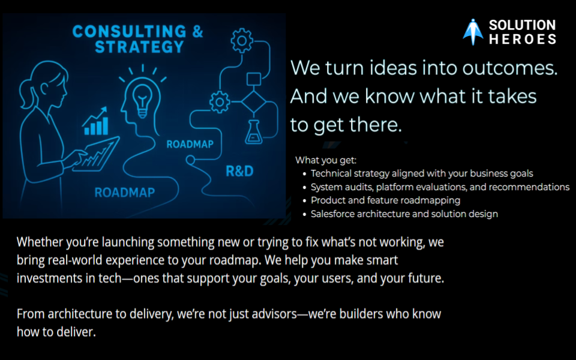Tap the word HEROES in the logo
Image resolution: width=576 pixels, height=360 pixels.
pos(523,40)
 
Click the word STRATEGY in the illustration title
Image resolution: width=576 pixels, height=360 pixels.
pos(139,47)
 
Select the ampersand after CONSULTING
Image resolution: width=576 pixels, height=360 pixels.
pos(197,31)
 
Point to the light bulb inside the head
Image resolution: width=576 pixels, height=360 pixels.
pos(142,100)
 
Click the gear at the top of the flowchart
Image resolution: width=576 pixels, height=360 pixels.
pos(242,41)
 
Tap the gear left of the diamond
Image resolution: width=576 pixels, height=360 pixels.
pos(220,102)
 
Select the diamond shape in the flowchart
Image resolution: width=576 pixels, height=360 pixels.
pos(254,102)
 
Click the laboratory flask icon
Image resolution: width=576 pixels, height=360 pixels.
pos(253,132)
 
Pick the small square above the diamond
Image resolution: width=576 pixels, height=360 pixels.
pos(254,79)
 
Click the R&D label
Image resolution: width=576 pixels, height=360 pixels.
pos(239,171)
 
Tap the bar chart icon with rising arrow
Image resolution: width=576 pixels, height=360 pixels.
pos(96,121)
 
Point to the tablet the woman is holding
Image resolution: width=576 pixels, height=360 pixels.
pos(97,154)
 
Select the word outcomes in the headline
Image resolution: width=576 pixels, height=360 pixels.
pos(510,68)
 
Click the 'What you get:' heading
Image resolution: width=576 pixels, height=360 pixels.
pos(326,160)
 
